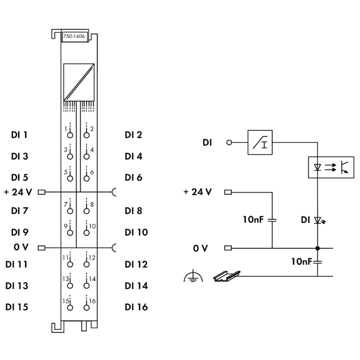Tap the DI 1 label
tap(19, 135)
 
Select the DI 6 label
tap(133, 178)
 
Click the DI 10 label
tap(136, 232)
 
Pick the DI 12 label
tap(136, 264)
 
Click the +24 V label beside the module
tap(18, 192)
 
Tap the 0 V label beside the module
tap(22, 248)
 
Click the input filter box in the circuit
tap(260, 142)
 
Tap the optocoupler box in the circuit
tap(330, 167)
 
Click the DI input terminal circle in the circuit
tap(229, 143)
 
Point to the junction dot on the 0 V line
tap(317, 248)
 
